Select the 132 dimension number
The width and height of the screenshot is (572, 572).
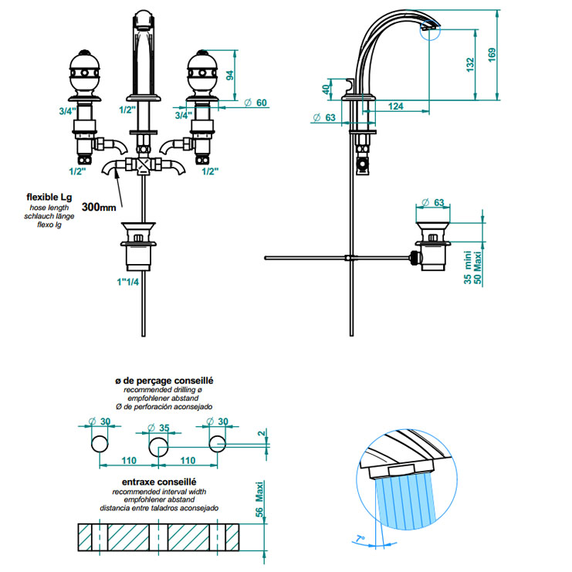coord(470,65)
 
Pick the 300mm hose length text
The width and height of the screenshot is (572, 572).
coord(99,207)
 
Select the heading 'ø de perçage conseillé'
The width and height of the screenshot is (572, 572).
coord(164,381)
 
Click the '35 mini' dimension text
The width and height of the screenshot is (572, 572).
coord(468,269)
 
